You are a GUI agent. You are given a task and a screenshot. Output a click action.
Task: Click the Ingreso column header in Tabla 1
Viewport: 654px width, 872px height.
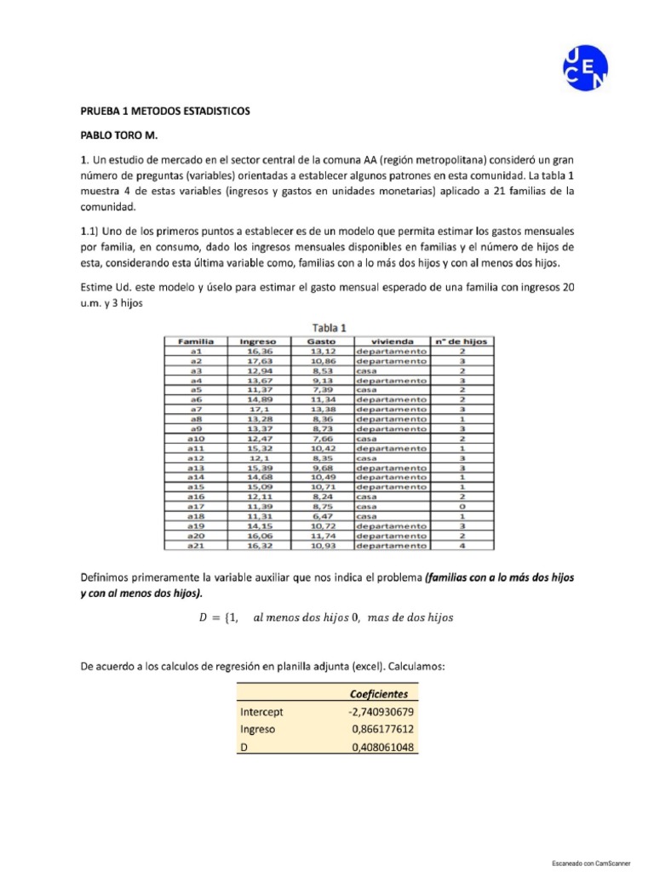coord(258,341)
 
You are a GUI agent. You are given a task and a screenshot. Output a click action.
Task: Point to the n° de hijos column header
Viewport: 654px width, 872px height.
coord(461,341)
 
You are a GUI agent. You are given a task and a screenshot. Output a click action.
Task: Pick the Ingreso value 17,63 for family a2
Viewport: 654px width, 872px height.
coord(258,360)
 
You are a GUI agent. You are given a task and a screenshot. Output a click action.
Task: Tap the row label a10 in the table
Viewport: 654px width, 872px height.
coord(195,439)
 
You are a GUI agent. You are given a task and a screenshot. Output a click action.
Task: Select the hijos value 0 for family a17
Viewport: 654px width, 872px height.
coord(461,506)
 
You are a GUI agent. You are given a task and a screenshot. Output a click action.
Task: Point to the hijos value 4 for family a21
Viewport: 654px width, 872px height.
coord(461,545)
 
